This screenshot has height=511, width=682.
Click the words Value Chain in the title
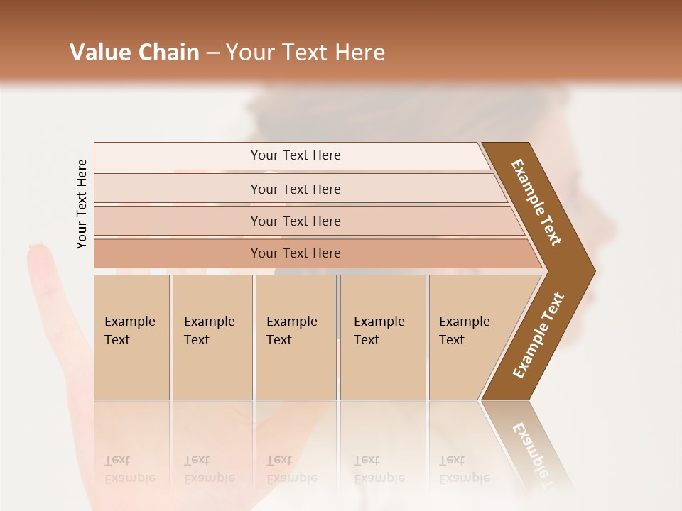pos(134,53)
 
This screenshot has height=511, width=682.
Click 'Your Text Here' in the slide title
pos(305,53)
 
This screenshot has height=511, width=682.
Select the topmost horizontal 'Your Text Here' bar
pos(296,155)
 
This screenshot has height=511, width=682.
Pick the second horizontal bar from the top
pos(296,189)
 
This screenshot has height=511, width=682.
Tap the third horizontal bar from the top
pos(296,221)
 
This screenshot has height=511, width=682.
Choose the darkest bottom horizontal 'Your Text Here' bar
pos(296,253)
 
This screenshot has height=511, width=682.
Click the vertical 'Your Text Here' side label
pos(82,204)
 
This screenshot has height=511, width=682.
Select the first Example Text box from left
pos(131,336)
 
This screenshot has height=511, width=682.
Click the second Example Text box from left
pos(211,336)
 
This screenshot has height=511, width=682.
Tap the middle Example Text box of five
pos(295,336)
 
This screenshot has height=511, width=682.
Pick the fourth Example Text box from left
pos(382,336)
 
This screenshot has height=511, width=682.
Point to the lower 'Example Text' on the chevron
pos(538,336)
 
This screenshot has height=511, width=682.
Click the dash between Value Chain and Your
pos(212,53)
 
